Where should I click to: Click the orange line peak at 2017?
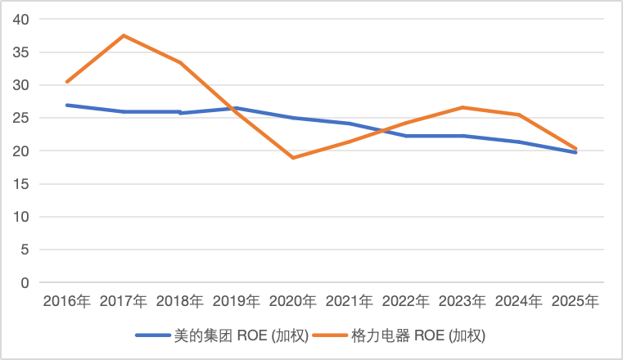coord(124,36)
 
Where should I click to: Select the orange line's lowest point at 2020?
coord(293,158)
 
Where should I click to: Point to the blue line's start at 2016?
coord(67,106)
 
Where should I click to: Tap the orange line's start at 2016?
coord(67,82)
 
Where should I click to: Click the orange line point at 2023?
coord(463,107)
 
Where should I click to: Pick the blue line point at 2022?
coord(406,136)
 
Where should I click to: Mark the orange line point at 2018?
coord(180,62)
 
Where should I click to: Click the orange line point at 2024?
coord(519,115)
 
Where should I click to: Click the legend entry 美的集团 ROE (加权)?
coord(222,335)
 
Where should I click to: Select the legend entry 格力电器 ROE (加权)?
coord(399,335)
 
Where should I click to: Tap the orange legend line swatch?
coord(330,335)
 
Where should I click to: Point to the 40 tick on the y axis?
coord(20,19)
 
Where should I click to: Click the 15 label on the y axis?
coord(20,184)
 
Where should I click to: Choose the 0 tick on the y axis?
coord(25,282)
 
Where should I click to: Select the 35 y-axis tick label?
coord(20,52)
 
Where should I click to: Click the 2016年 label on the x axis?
coord(67,301)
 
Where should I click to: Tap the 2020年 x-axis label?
coord(293,301)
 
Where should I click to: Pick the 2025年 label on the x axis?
coord(576,301)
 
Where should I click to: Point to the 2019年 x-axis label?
coord(237,301)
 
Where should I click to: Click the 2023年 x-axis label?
coord(463,301)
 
